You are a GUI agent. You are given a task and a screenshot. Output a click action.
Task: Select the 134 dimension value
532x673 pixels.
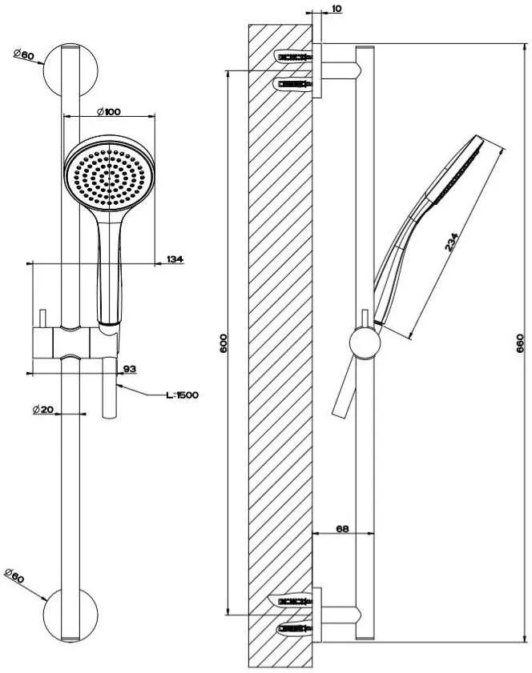[x=175, y=258]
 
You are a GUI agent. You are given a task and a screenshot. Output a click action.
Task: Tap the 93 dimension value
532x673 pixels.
[x=127, y=369]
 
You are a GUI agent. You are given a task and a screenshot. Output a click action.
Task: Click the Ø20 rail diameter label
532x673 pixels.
[x=43, y=409]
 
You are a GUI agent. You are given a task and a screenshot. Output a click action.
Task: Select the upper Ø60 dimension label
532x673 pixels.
[x=23, y=55]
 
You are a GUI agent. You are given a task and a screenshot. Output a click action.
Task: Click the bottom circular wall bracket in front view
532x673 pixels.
[x=70, y=615]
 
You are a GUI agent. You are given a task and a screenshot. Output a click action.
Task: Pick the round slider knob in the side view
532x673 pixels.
[x=365, y=345]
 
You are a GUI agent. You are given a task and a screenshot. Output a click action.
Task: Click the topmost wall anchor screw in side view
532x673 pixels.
[x=296, y=58]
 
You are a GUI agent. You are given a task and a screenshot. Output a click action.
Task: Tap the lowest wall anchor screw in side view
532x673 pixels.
[x=296, y=631]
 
